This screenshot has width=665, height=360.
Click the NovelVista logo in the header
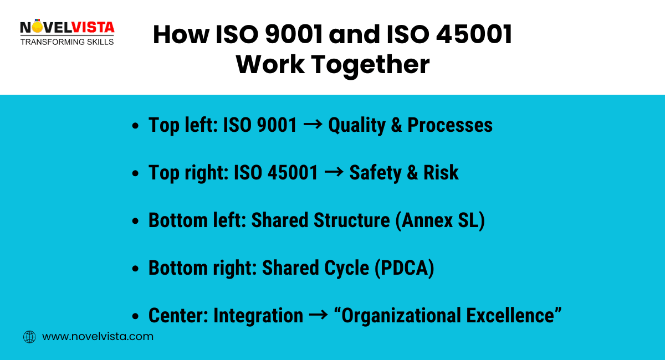66,32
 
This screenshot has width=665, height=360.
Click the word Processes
450,125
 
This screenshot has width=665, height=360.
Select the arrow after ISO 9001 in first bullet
313,125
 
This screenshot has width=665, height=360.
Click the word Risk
441,173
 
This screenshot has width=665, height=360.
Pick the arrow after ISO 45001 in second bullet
334,173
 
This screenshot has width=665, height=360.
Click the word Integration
258,316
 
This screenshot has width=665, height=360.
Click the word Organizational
402,316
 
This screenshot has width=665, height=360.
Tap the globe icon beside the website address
29,337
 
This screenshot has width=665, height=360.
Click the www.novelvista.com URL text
98,337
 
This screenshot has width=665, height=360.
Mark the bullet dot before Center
136,317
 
